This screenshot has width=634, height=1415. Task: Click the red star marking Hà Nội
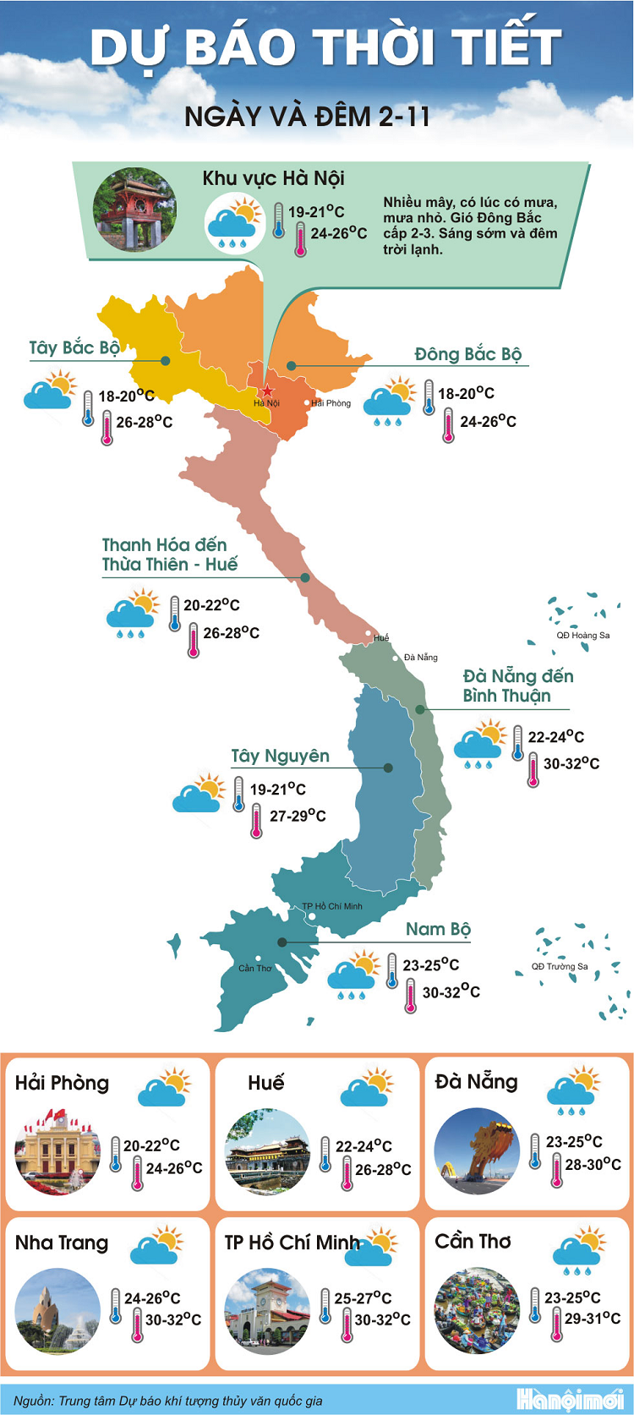click(267, 391)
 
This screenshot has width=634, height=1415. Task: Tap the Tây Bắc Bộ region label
click(74, 348)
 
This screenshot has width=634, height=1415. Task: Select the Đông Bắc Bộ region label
click(467, 354)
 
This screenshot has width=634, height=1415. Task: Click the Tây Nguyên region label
click(281, 756)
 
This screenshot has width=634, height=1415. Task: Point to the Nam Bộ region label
click(438, 929)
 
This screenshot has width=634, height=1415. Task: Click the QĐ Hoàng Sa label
click(582, 635)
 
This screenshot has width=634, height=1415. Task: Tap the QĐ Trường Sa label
click(560, 966)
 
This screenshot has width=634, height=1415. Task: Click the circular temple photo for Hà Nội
click(134, 210)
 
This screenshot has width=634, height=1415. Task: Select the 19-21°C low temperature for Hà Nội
click(316, 212)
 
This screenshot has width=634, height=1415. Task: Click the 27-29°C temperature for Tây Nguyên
click(298, 816)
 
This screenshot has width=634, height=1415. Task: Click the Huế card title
click(266, 1083)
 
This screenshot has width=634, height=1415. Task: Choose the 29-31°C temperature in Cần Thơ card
click(593, 1318)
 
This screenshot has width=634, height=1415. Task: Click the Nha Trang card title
click(62, 1243)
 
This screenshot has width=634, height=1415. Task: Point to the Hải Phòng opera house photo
click(57, 1151)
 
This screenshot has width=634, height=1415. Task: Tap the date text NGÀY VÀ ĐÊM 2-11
click(308, 117)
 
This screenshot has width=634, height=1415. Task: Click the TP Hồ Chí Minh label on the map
click(332, 906)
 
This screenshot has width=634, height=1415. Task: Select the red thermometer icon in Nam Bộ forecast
click(410, 995)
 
